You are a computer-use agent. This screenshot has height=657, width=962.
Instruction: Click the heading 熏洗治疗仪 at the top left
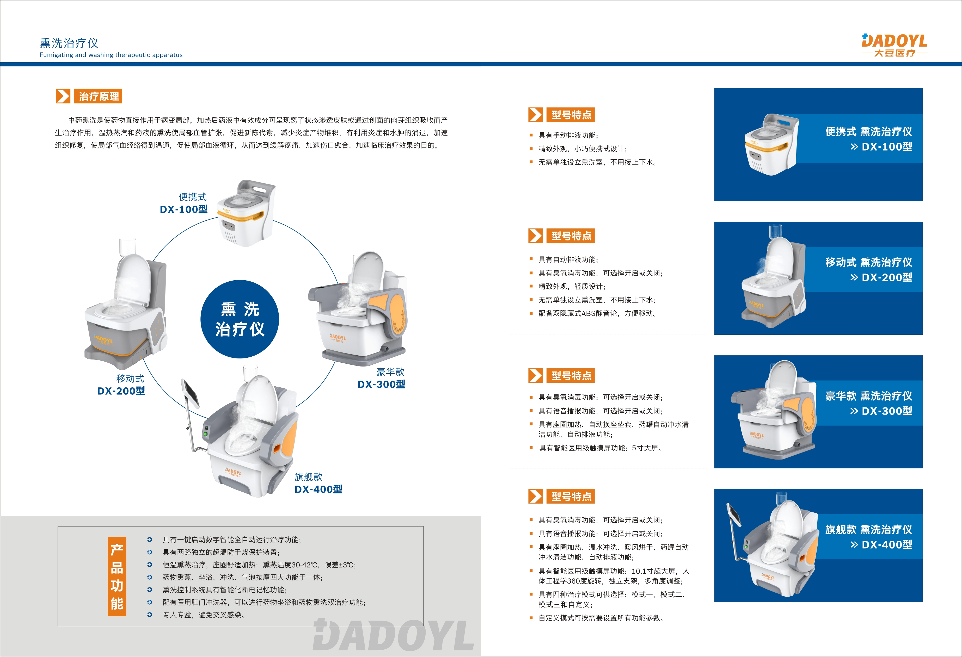69,43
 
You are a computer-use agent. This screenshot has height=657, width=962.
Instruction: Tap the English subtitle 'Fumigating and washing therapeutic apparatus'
111,55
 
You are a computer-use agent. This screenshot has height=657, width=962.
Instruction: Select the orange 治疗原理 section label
99,96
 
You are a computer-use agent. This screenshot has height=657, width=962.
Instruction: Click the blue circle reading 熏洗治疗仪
240,319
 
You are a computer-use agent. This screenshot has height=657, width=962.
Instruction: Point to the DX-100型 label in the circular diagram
184,209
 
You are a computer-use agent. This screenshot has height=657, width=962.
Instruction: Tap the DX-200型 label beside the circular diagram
121,391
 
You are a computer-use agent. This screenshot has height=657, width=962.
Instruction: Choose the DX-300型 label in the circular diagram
381,384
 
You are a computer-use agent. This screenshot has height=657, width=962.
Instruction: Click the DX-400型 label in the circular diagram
318,489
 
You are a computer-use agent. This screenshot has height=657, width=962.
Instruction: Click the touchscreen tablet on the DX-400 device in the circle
191,393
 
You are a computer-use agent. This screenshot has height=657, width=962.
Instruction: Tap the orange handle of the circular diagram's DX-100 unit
244,216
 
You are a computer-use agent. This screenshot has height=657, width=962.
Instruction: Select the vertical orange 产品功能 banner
117,576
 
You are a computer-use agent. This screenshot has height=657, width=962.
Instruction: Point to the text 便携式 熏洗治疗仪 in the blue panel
868,132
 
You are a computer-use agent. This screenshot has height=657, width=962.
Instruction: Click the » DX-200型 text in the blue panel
881,277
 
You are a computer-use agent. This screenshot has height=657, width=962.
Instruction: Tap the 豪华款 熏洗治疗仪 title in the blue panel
868,396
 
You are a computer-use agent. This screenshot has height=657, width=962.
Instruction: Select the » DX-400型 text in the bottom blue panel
881,544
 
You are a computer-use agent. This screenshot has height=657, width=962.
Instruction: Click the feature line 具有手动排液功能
568,135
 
